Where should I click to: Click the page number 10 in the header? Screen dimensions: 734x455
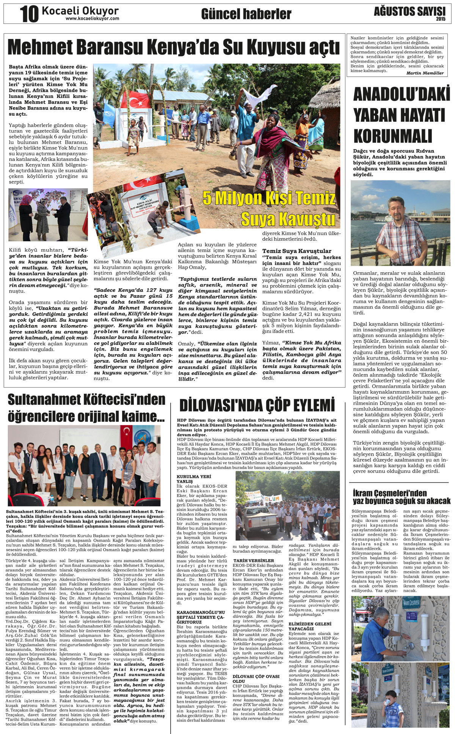point(30,14)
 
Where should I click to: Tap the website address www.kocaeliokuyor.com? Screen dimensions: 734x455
point(92,18)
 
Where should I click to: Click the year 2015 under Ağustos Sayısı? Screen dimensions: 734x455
point(441,19)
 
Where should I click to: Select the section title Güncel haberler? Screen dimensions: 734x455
point(246,14)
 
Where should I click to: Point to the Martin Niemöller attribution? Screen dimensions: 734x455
point(425,73)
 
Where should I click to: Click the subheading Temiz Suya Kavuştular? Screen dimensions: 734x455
point(297,251)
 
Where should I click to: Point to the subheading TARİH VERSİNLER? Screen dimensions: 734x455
point(253,560)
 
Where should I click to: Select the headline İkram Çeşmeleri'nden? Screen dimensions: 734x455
point(389,493)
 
